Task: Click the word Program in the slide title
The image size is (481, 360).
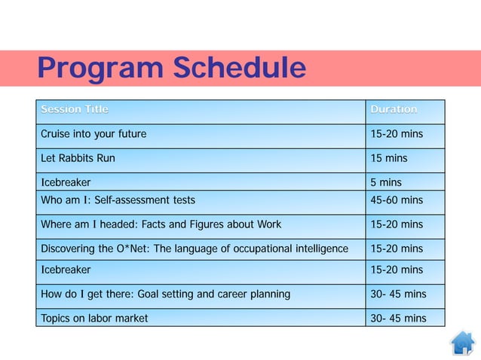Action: click(x=101, y=69)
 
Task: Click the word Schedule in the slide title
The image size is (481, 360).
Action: click(x=239, y=69)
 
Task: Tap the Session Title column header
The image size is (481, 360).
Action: click(x=75, y=110)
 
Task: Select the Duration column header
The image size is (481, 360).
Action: click(x=394, y=110)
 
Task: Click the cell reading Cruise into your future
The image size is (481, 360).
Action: click(x=93, y=135)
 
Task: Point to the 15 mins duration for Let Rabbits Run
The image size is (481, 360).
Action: click(x=389, y=159)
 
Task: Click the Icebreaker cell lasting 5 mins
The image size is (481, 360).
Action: click(x=66, y=182)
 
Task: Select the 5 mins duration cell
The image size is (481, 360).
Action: click(x=386, y=182)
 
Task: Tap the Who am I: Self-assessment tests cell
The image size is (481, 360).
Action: click(x=118, y=200)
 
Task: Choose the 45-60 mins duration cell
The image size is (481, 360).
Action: click(x=397, y=200)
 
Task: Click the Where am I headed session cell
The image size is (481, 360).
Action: click(x=161, y=224)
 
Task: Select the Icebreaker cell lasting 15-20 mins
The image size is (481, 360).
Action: click(x=66, y=270)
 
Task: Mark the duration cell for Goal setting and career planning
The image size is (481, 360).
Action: click(x=398, y=294)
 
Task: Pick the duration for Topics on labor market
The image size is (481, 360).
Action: click(x=398, y=318)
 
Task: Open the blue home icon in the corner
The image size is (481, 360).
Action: click(x=462, y=343)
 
